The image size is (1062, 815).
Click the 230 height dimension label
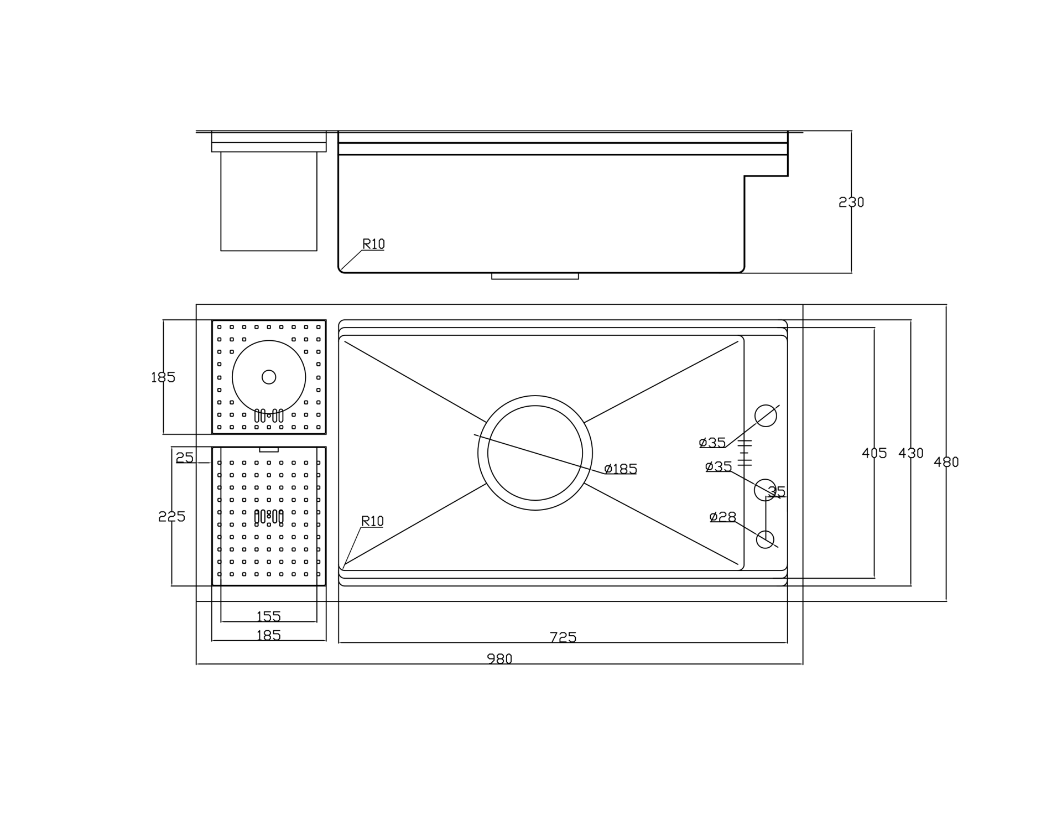851,203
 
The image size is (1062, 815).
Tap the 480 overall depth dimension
946,462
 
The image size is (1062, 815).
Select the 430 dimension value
910,453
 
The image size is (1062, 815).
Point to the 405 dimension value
874,453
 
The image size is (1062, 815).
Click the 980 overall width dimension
499,658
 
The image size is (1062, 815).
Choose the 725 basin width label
563,637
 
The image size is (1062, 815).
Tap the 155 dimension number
269,616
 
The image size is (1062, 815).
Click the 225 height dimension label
171,516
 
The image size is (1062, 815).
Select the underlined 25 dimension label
185,458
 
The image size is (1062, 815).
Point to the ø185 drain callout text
621,469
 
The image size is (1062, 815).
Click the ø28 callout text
723,517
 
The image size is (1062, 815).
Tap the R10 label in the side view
373,244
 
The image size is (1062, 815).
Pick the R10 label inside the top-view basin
372,521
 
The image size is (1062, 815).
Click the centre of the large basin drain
535,453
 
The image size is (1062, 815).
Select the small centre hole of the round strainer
269,377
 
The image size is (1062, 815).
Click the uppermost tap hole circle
766,416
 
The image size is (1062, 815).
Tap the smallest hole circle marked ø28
765,539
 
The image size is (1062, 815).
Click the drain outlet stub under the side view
535,276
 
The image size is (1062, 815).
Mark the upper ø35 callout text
712,443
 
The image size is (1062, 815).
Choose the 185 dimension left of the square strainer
163,377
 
